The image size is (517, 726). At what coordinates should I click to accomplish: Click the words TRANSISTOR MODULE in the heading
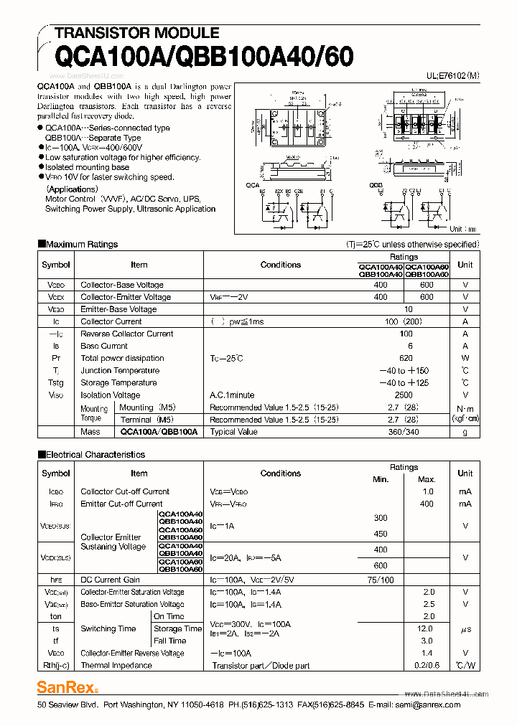point(136,32)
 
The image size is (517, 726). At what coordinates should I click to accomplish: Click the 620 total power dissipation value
point(406,358)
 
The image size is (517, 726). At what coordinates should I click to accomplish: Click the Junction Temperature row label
point(120,370)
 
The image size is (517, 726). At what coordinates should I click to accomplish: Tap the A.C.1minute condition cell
point(232,395)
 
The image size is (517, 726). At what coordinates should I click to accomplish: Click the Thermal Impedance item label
point(116,665)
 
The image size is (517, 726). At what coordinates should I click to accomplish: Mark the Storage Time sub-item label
point(177,628)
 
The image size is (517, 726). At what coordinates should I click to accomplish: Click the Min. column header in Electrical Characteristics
point(381,479)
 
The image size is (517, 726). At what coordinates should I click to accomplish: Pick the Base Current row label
point(104,346)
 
